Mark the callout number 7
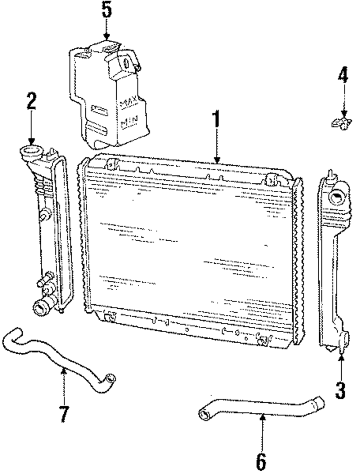(64, 414)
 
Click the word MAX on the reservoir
(130, 103)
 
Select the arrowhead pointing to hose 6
(263, 417)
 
